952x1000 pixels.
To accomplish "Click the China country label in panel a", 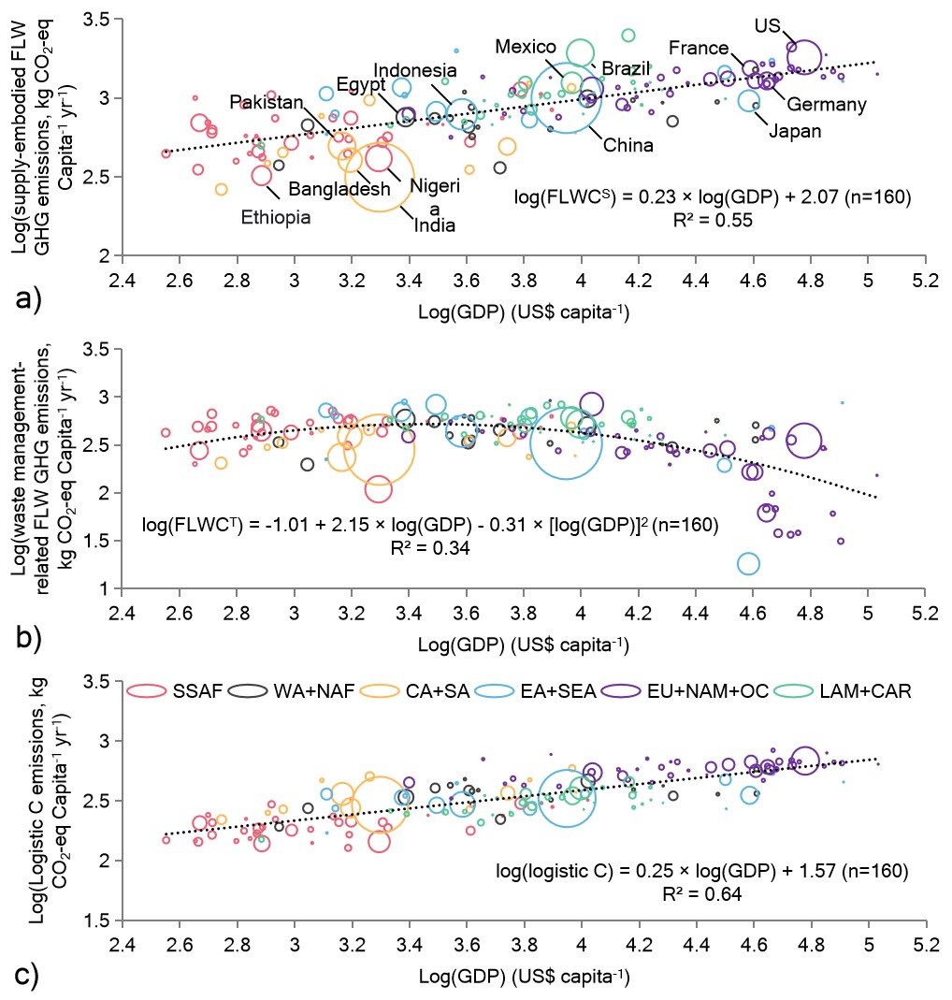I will [627, 145].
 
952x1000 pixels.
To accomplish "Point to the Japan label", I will [794, 132].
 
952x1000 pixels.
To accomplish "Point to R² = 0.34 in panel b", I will [428, 549].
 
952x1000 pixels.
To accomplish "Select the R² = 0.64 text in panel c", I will [701, 894].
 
